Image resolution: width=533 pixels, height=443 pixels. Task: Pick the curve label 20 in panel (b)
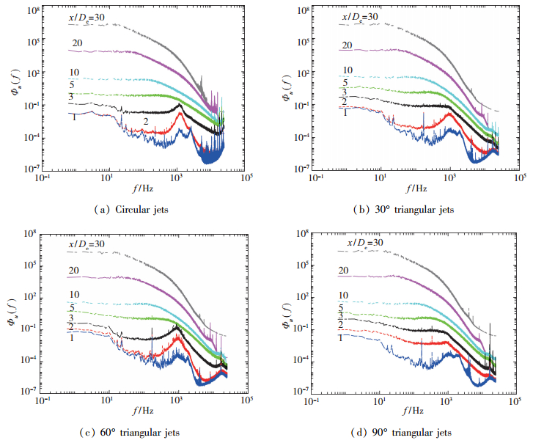coord(347,45)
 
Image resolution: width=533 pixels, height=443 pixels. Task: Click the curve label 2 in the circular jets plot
coord(146,121)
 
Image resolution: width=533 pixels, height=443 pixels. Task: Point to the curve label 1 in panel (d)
coord(341,337)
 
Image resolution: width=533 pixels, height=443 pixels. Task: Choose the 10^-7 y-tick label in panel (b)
coord(303,169)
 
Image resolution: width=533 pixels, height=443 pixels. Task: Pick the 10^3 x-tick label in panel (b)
coord(450,178)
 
